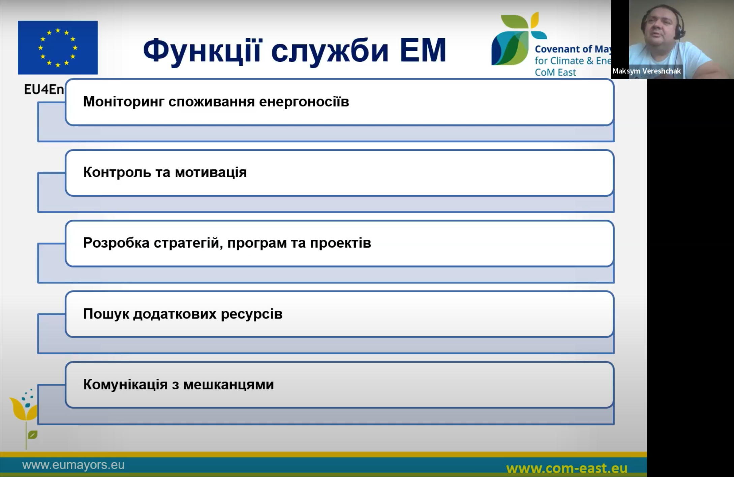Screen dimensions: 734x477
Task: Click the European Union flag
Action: (x=58, y=48)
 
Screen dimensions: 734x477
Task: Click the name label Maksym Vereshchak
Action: (x=647, y=71)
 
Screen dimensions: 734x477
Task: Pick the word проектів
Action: (x=340, y=243)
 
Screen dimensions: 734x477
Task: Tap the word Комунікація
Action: (x=125, y=385)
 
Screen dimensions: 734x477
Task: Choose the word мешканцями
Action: (x=228, y=385)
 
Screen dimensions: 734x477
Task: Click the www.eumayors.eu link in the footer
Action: (x=73, y=465)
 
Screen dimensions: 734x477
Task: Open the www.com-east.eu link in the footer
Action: (x=567, y=469)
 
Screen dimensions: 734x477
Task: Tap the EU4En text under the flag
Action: (x=44, y=89)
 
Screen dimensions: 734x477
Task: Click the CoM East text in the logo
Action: (x=555, y=73)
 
